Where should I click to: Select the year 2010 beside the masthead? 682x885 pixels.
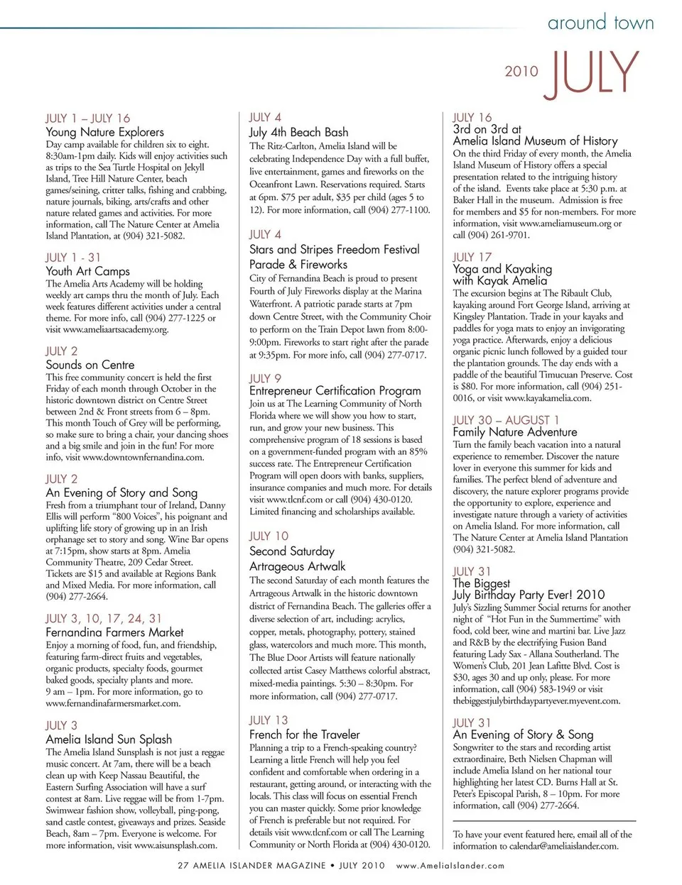click(x=521, y=72)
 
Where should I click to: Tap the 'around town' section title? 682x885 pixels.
click(x=600, y=23)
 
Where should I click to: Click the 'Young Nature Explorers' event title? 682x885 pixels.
click(x=104, y=132)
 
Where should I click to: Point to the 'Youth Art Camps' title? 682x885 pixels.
click(x=87, y=271)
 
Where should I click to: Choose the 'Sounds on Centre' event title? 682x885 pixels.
click(x=90, y=365)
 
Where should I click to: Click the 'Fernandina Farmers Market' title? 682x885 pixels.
click(x=114, y=632)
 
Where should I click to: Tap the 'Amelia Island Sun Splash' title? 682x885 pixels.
click(x=109, y=739)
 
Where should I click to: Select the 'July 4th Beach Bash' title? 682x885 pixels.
click(x=298, y=132)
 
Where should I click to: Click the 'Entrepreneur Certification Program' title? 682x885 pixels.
click(x=335, y=391)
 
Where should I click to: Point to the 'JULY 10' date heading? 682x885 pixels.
click(x=269, y=537)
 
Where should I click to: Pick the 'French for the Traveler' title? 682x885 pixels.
click(x=304, y=735)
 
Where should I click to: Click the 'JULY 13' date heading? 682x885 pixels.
click(x=269, y=720)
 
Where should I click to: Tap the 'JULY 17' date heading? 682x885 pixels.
click(x=472, y=257)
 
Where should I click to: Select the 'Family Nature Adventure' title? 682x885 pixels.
click(x=515, y=432)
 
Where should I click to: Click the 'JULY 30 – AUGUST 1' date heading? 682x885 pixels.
click(x=506, y=420)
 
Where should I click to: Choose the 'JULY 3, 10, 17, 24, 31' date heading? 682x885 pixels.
click(x=104, y=619)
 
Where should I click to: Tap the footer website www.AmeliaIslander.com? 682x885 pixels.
click(x=450, y=866)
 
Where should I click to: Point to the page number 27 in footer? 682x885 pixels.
click(x=183, y=866)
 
